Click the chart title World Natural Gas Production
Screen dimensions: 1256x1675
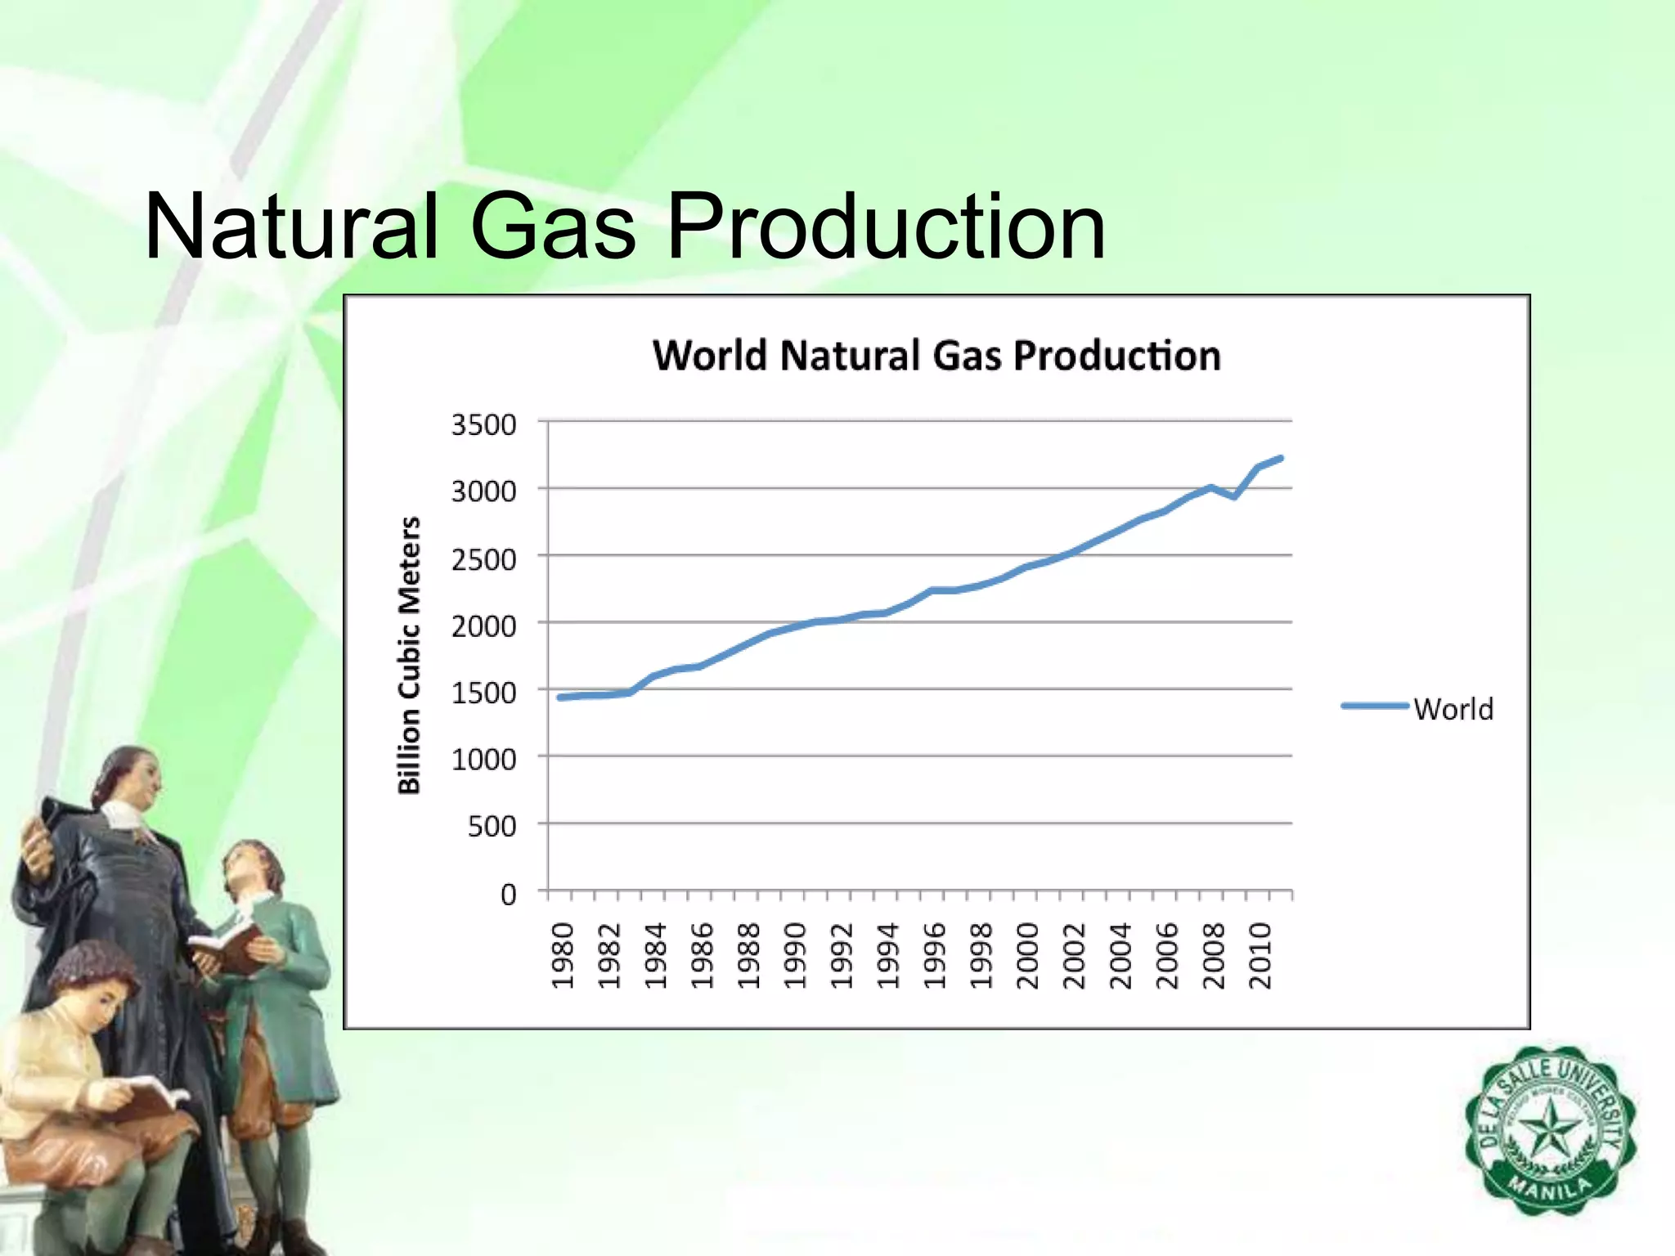936,356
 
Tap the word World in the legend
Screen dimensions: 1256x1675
1453,709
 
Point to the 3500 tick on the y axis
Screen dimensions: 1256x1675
484,425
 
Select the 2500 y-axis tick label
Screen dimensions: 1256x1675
484,560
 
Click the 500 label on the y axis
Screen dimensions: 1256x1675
492,827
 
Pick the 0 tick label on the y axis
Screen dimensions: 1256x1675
509,895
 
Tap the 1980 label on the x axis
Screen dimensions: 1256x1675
563,955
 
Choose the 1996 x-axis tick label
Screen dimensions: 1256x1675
935,955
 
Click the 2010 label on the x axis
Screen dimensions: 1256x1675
1260,955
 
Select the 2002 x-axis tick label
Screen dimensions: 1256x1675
1074,955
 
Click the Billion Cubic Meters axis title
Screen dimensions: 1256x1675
409,655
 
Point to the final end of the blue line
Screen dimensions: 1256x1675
1281,459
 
